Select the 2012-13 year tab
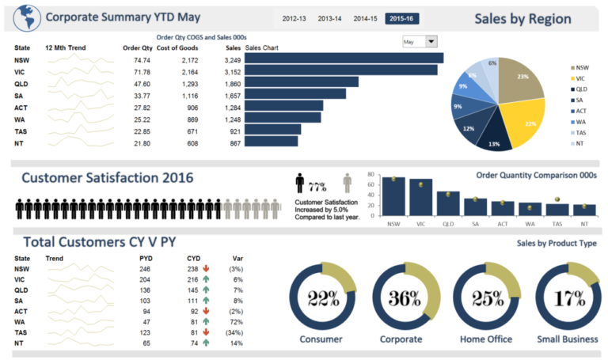294,18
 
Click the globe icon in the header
25,17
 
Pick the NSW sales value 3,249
232,60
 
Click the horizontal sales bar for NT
272,142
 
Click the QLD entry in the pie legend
581,89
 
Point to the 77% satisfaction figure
317,187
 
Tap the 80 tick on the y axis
370,173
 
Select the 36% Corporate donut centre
405,298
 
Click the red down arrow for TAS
206,332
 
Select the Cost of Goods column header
177,47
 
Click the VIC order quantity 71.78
142,72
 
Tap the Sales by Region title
522,19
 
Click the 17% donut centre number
568,298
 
